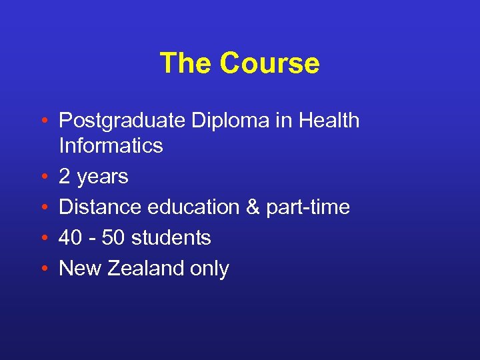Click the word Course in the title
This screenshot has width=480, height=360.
tap(269, 63)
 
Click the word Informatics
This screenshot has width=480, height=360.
tap(111, 146)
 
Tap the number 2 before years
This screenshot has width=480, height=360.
tap(65, 177)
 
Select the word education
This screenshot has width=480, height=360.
tap(193, 207)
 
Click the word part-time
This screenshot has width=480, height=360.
tap(308, 207)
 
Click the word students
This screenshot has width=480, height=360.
tap(173, 238)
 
